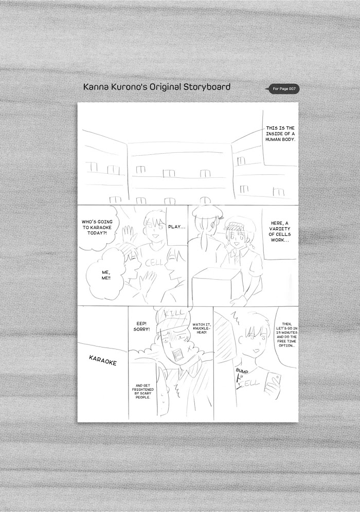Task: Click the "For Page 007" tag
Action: (283, 89)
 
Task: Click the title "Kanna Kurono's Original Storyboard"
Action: (157, 87)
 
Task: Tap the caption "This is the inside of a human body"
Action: (280, 134)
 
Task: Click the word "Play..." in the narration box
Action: (177, 227)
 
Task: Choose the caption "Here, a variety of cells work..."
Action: (281, 231)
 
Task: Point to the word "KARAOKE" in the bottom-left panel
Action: (103, 360)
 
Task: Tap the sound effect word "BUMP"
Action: (242, 371)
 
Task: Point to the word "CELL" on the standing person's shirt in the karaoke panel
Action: (152, 263)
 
